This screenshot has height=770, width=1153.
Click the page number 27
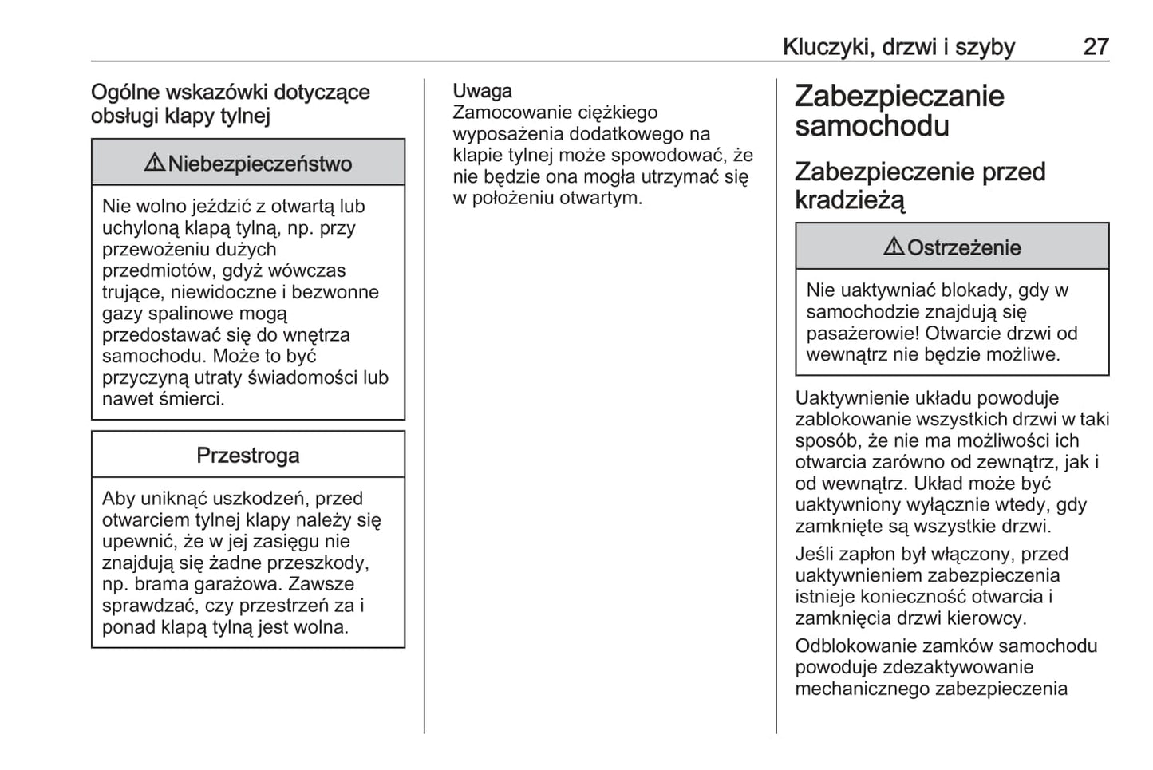(x=1096, y=47)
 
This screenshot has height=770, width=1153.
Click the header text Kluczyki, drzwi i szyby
(x=898, y=47)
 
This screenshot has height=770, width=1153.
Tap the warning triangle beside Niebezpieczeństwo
(x=154, y=163)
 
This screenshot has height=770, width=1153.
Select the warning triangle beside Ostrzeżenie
(x=894, y=247)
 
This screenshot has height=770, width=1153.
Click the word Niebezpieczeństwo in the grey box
(x=260, y=164)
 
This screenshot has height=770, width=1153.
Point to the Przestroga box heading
(x=248, y=455)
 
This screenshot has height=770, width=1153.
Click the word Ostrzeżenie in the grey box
(x=964, y=247)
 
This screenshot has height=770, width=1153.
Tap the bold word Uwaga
(x=483, y=91)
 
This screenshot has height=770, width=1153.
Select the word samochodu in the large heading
(x=872, y=126)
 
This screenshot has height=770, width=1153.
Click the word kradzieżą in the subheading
(x=850, y=200)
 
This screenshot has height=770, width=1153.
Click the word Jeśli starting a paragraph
(x=815, y=554)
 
